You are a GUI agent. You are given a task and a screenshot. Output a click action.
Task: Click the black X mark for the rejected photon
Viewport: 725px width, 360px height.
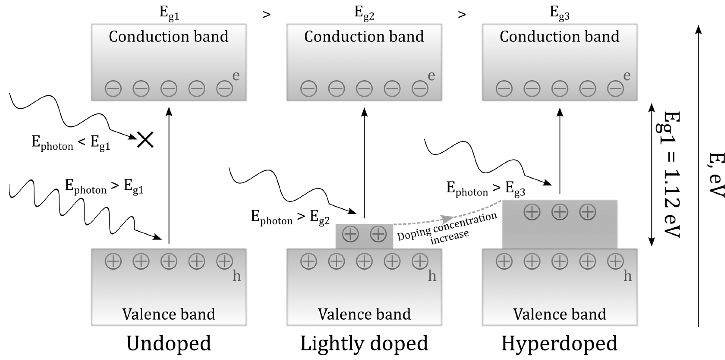[x=145, y=140]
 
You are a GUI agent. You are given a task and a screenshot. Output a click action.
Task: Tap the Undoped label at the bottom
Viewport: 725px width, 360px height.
[x=169, y=343]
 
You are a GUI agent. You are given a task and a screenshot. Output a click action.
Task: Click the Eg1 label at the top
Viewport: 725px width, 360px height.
[x=169, y=13]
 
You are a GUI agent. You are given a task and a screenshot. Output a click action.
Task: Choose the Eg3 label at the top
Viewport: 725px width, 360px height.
[x=560, y=13]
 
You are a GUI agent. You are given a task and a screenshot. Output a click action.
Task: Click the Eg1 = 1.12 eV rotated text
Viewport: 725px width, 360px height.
[x=670, y=174]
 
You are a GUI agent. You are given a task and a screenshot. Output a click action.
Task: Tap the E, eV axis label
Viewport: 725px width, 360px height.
[x=716, y=174]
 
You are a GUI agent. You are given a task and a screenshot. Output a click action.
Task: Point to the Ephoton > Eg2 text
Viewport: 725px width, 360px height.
[x=290, y=218]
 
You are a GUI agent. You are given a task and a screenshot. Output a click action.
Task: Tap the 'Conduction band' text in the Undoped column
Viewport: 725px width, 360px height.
[x=169, y=37]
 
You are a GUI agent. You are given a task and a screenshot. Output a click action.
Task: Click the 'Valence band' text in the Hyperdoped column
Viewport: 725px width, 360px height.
[x=560, y=314]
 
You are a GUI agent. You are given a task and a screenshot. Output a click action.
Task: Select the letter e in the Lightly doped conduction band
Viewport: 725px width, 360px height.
[x=431, y=76]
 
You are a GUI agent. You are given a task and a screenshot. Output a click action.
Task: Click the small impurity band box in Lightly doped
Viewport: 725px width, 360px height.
[x=364, y=236]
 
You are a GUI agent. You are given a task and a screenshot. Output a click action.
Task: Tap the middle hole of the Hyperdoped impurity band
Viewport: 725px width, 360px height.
[x=560, y=212]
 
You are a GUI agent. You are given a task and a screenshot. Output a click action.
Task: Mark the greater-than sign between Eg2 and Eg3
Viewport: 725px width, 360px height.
[x=462, y=14]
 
